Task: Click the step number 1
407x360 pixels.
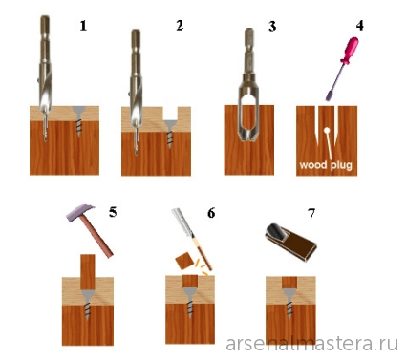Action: [x=83, y=26]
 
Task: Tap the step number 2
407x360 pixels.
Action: [x=180, y=26]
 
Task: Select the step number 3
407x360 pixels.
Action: [x=272, y=27]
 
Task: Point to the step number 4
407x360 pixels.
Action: [x=360, y=26]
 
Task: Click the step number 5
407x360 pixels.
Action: [x=113, y=212]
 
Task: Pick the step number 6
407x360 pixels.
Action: [x=211, y=213]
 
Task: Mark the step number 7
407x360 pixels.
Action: [x=311, y=214]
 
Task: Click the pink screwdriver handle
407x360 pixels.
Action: [x=350, y=51]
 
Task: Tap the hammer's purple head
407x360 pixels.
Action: [x=80, y=213]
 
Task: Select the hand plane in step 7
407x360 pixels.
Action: [x=290, y=242]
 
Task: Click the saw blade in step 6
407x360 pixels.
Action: [x=183, y=222]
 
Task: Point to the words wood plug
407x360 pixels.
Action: [x=326, y=165]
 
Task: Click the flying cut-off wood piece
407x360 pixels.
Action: [x=185, y=262]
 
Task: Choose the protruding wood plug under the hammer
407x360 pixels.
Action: [x=88, y=272]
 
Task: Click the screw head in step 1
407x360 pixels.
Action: [x=78, y=112]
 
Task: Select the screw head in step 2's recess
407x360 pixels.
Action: [x=170, y=124]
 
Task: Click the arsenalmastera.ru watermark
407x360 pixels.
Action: [x=312, y=344]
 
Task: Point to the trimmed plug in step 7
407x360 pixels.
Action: [x=289, y=282]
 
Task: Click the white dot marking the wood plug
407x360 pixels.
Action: [x=327, y=130]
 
